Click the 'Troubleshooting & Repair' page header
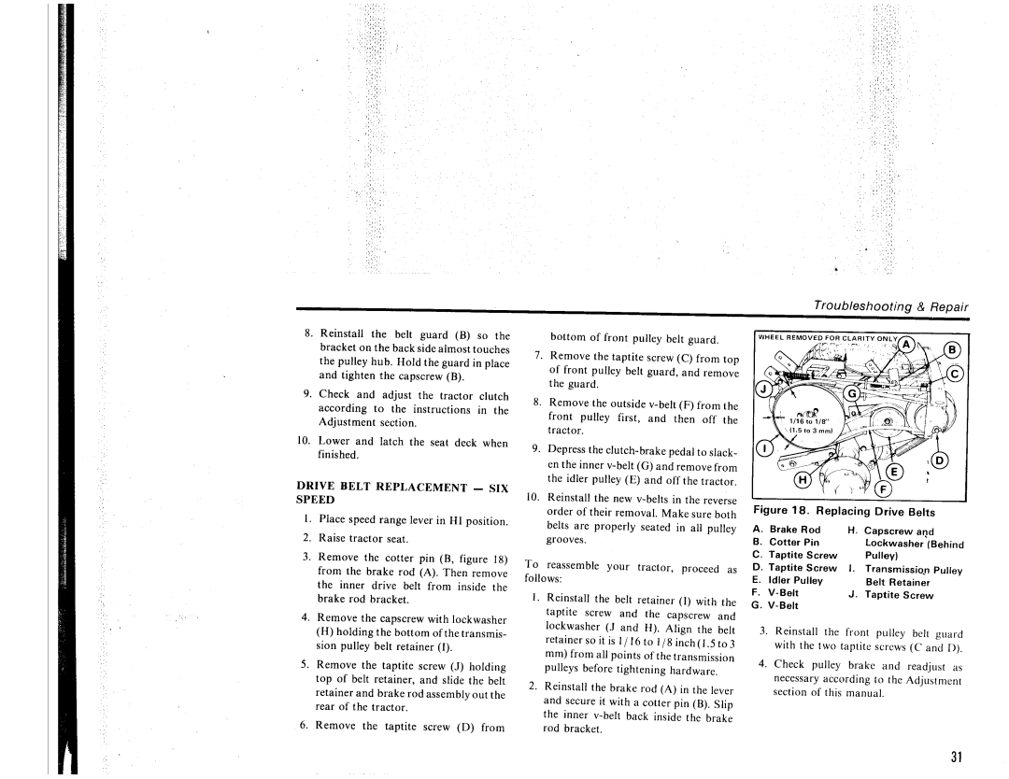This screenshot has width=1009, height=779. pos(890,306)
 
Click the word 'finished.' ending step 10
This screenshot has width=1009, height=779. pos(336,455)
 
